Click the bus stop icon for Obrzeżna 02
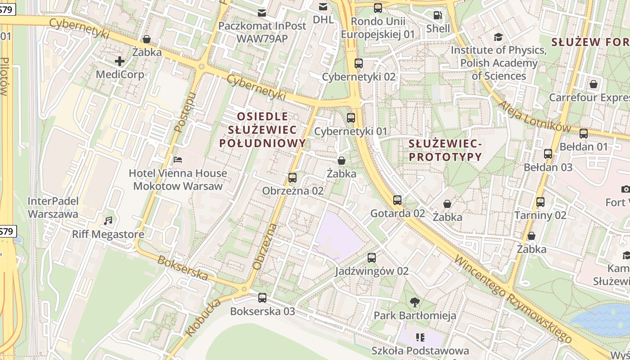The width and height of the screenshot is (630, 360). tap(292, 178)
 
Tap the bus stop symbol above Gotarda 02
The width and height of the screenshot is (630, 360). tap(397, 200)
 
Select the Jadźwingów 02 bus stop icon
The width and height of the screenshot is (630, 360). tap(372, 258)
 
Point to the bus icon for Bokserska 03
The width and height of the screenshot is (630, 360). tap(262, 298)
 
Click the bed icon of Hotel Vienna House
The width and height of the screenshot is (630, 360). tap(178, 160)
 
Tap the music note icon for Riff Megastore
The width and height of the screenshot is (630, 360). tap(108, 221)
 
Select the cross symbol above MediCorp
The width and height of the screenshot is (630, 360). tap(120, 61)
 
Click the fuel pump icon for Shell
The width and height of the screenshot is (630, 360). tap(437, 15)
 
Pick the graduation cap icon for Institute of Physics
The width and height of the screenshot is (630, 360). tap(498, 37)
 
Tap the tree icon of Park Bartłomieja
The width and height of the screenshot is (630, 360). tap(415, 302)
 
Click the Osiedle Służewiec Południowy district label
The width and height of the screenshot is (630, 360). tap(262, 130)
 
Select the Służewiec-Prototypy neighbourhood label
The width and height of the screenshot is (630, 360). tap(445, 150)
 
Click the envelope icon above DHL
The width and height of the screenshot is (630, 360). tap(323, 7)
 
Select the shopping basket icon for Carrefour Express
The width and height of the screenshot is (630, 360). tap(594, 84)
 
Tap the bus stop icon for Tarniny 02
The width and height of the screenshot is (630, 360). tap(540, 202)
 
